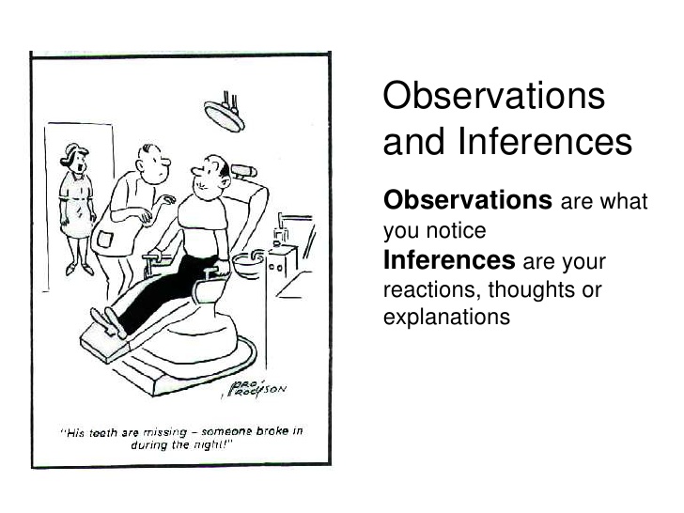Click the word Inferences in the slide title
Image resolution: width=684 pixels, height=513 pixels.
545,142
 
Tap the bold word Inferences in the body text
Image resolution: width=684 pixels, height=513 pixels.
449,259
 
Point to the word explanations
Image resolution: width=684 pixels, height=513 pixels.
446,317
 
